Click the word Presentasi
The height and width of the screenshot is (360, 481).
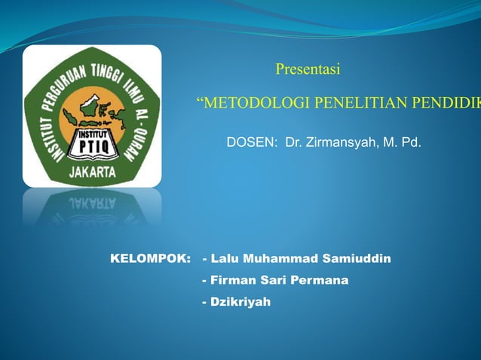308,70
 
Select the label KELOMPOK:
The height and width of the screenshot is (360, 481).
151,259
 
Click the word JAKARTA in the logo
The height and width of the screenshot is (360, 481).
93,172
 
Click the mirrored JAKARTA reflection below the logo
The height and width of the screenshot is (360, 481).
93,203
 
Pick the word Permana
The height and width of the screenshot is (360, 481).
324,280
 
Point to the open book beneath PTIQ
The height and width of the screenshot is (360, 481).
91,156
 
